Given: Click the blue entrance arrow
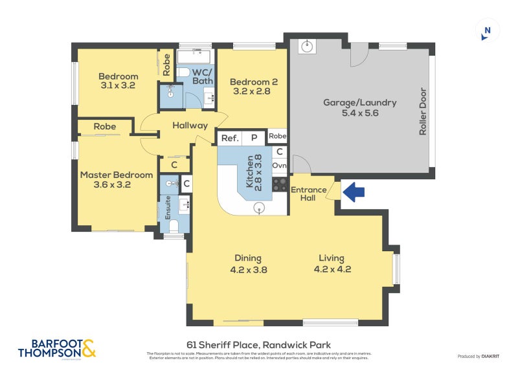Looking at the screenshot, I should (354, 192).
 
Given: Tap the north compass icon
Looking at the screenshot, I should (487, 31).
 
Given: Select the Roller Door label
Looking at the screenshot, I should (423, 111).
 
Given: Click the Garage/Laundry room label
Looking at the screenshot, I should (359, 107).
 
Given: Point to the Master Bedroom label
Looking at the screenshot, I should (117, 179).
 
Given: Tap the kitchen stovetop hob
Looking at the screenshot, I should (279, 184).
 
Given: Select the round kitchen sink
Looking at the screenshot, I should (260, 207).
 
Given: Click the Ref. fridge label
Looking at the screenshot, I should (230, 138).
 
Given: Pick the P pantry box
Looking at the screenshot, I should (254, 138).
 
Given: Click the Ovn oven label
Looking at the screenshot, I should (279, 166).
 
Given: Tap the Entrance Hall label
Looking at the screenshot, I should (308, 194).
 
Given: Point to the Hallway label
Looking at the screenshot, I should (190, 126).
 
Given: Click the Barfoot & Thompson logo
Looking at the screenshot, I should (57, 348).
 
